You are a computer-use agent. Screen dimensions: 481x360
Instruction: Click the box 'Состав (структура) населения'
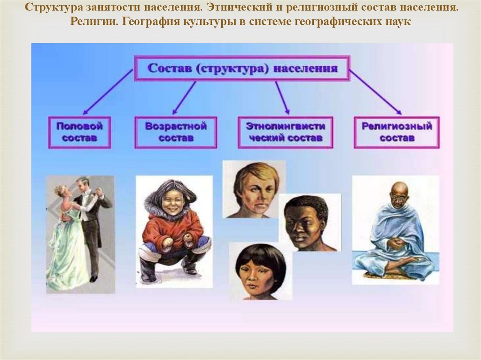point(242,68)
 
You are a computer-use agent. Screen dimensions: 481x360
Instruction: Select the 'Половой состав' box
point(79,132)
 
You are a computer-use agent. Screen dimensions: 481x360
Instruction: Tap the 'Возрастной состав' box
point(176,132)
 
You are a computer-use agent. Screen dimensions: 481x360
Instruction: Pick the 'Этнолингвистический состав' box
point(285,132)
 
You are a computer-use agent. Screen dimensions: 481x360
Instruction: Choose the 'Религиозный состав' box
point(396,132)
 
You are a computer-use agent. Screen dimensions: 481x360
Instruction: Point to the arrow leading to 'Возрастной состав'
point(184,98)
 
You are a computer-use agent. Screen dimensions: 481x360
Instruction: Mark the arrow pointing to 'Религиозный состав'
point(375,92)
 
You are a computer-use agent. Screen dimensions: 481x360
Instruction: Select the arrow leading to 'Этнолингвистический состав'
point(282,98)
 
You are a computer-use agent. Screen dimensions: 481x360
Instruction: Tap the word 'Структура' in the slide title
point(54,7)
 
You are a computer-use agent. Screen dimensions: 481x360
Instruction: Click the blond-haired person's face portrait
point(254,189)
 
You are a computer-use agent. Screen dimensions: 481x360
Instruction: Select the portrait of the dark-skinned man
point(310,222)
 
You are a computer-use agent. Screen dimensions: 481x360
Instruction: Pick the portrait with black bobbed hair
point(261,271)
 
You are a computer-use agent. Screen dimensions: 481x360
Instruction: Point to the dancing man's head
point(82,184)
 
